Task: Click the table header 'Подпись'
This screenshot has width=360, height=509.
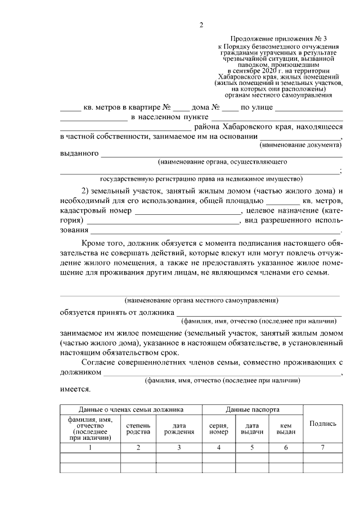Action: tap(323, 424)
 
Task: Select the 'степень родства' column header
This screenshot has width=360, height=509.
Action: tap(138, 428)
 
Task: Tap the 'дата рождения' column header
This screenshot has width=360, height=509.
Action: tap(179, 428)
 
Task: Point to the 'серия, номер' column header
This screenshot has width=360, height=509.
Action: tap(218, 428)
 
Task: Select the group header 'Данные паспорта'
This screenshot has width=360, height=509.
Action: tap(253, 410)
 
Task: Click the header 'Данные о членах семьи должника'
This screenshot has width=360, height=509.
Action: tap(131, 410)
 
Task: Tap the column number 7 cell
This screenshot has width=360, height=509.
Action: tap(323, 448)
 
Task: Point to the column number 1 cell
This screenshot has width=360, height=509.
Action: tap(90, 448)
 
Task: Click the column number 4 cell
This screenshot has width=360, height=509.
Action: tap(218, 448)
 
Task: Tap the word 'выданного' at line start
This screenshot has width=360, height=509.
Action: tap(79, 153)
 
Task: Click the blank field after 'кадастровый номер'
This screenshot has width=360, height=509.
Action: tap(187, 211)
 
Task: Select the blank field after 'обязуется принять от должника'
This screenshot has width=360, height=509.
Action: tap(259, 312)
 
